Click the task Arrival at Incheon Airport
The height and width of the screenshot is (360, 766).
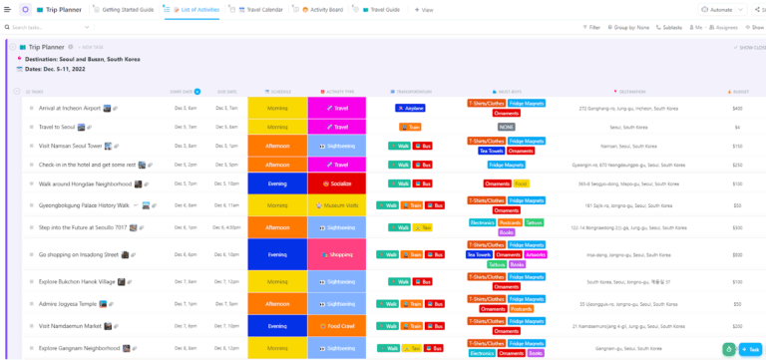pos(70,108)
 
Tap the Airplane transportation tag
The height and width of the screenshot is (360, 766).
pos(411,108)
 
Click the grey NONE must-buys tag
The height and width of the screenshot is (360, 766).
pos(507,127)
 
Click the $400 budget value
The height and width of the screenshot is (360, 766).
pos(737,108)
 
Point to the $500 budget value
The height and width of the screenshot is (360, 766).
pos(737,254)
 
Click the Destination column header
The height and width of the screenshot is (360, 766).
pos(632,91)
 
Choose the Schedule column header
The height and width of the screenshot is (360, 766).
pos(278,91)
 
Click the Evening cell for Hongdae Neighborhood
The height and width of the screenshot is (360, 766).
pos(277,183)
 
